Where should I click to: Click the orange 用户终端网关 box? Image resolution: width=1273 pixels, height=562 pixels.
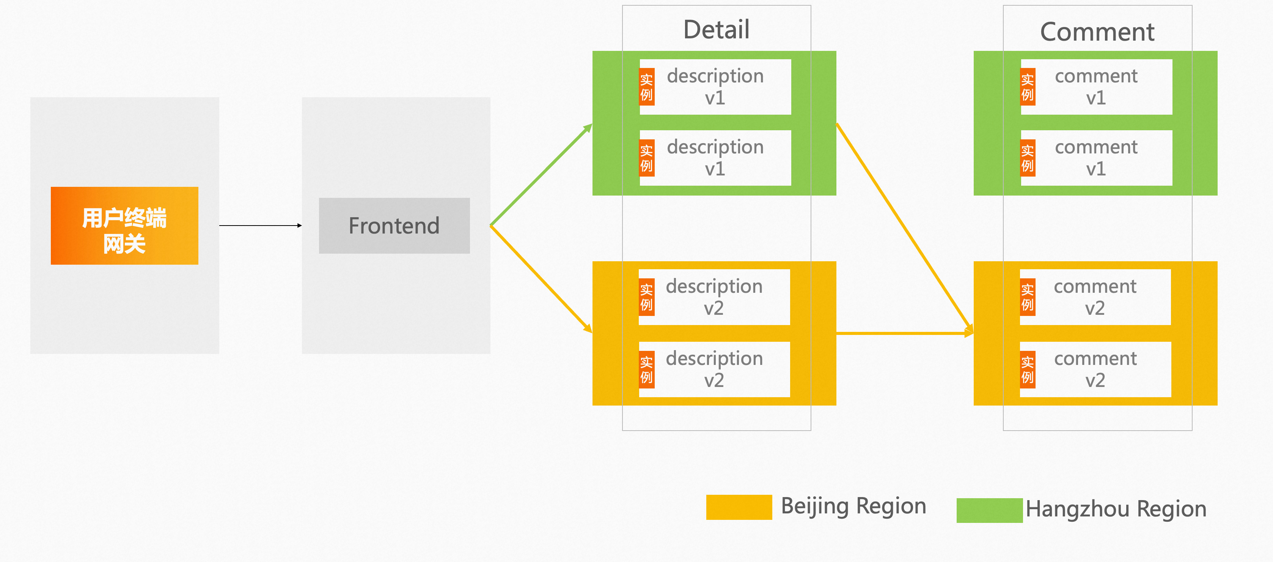click(124, 226)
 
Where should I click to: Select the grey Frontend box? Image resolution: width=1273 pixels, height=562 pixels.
click(394, 226)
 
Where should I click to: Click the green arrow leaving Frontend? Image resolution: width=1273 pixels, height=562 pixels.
click(541, 175)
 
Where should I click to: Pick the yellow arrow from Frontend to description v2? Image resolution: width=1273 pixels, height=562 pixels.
click(541, 278)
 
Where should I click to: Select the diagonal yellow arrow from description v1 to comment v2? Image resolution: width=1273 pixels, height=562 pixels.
click(904, 227)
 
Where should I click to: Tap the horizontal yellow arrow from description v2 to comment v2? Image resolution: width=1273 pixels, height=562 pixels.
click(904, 334)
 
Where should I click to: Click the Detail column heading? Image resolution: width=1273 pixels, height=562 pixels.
click(716, 30)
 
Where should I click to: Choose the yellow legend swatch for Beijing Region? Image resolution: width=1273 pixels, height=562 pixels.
click(739, 507)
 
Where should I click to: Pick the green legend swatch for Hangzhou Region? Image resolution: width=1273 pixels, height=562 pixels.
click(989, 510)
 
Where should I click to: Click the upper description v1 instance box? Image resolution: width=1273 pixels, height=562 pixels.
click(715, 87)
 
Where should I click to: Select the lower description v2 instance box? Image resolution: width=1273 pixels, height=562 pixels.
click(714, 369)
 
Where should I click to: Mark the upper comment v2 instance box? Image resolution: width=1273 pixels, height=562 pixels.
click(1095, 297)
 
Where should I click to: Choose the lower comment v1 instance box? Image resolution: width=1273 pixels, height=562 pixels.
click(1096, 158)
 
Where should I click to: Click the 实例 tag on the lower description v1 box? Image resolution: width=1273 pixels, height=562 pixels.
click(646, 158)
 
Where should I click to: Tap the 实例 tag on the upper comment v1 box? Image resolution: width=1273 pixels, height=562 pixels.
click(1028, 87)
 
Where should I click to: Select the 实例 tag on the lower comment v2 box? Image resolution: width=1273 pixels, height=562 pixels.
click(1028, 369)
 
